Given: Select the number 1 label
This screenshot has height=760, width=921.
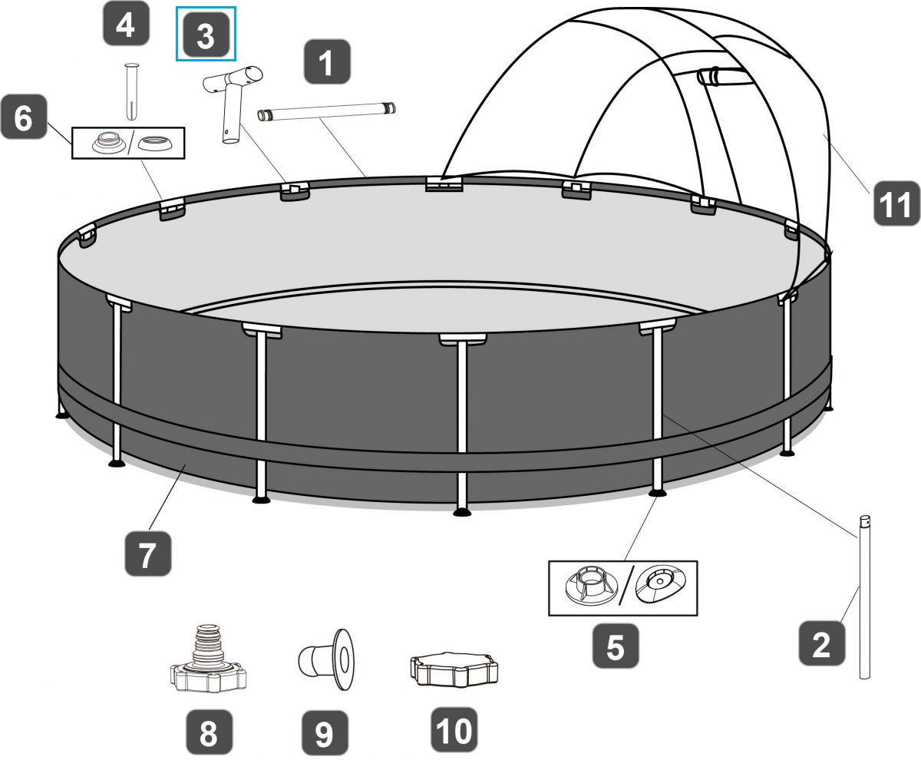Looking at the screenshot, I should coord(326,63).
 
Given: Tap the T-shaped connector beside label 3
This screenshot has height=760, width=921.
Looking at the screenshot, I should coord(230,100).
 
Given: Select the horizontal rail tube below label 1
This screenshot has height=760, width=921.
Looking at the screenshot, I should coord(326,113).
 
